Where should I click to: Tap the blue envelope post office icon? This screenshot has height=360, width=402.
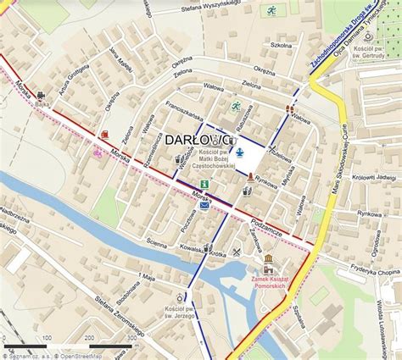coord(204,205)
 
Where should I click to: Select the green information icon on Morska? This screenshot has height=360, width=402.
coord(203,184)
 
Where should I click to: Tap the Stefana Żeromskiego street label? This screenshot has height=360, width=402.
coord(110,316)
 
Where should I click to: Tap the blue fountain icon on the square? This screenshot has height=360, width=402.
coord(239,152)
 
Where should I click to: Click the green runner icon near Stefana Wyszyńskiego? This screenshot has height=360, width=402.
coord(271,11)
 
